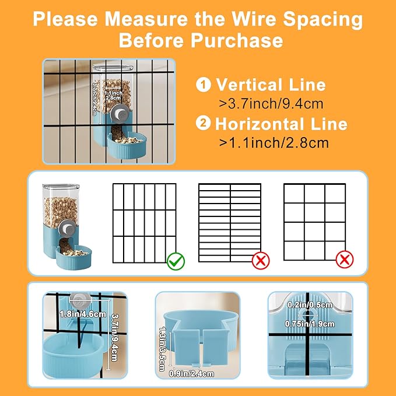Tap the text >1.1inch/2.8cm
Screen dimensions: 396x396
(273, 142)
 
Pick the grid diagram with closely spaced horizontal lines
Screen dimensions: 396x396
(230, 223)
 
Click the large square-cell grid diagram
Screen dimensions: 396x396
(314, 222)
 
